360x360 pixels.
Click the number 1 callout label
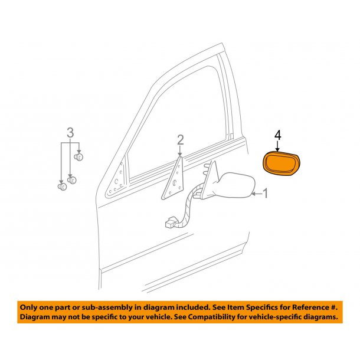click(x=265, y=193)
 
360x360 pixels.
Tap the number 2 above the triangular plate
click(x=181, y=140)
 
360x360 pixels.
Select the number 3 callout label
click(x=70, y=133)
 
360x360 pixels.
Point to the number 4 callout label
click(x=278, y=136)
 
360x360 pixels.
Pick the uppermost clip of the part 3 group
click(x=80, y=157)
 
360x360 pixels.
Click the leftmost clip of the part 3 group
click(x=61, y=186)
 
